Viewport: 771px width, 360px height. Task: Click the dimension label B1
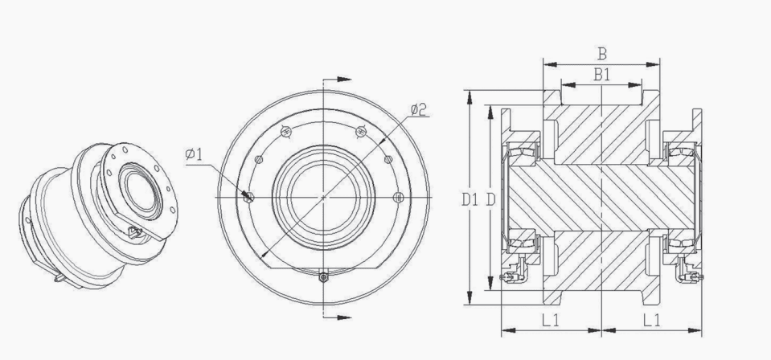point(602,75)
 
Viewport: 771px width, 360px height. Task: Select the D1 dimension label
point(470,199)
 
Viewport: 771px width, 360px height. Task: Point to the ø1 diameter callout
point(194,154)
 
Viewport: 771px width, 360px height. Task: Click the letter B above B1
point(602,54)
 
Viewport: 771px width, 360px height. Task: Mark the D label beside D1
point(490,199)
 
